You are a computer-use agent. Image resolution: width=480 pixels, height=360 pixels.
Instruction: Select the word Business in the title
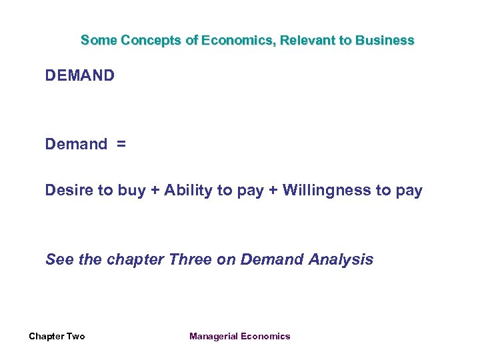[x=385, y=40]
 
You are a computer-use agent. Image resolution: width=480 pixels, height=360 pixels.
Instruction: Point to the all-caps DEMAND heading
[x=80, y=75]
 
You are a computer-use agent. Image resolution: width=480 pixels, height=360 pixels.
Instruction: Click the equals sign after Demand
[x=121, y=144]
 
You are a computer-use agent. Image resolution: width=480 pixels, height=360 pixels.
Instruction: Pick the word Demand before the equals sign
[x=76, y=144]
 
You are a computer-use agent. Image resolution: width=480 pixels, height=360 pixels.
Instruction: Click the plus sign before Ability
[x=155, y=191]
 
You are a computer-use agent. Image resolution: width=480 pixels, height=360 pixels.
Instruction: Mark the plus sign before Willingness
[x=273, y=191]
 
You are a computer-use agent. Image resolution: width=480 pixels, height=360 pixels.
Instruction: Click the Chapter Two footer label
[x=57, y=336]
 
